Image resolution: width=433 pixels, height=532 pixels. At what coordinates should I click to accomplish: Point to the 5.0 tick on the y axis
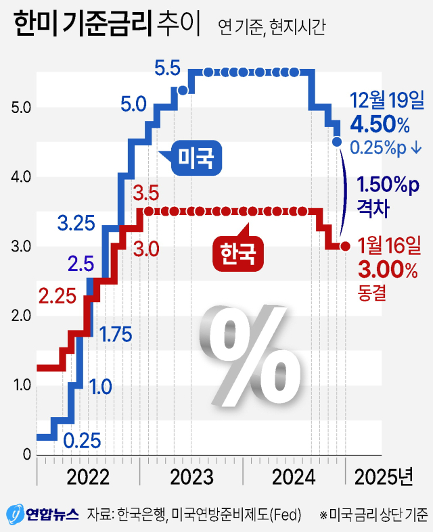point(22,107)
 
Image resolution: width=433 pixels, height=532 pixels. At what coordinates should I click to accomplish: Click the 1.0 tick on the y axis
point(22,385)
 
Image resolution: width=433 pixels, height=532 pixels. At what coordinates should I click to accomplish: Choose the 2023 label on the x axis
point(191,477)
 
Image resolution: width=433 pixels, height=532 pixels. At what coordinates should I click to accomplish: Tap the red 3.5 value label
point(146,194)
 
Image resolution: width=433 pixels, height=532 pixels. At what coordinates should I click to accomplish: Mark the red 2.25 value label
point(57,295)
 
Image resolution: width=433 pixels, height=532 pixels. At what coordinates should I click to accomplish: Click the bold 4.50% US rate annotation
point(380,125)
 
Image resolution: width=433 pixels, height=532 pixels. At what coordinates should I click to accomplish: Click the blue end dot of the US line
point(337,141)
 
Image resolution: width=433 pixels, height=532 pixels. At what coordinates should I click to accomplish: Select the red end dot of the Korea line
point(345,247)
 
